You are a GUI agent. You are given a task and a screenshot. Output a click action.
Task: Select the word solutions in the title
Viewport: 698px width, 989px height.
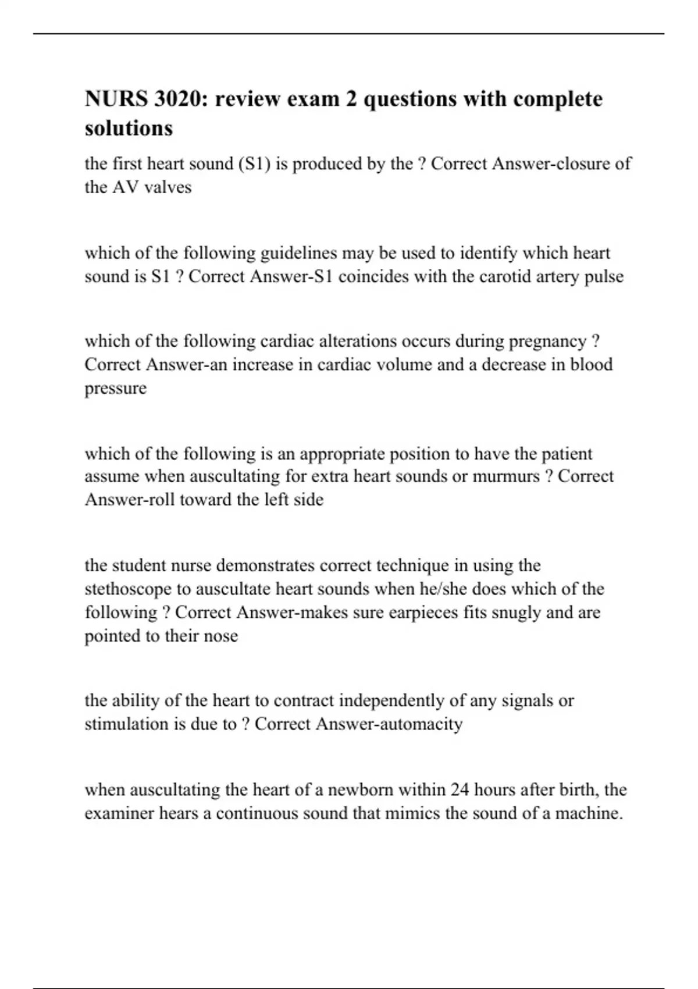(129, 128)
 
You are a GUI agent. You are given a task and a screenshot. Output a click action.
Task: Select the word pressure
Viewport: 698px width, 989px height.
(115, 389)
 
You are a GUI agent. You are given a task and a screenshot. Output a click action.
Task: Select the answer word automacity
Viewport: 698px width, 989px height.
(421, 724)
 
